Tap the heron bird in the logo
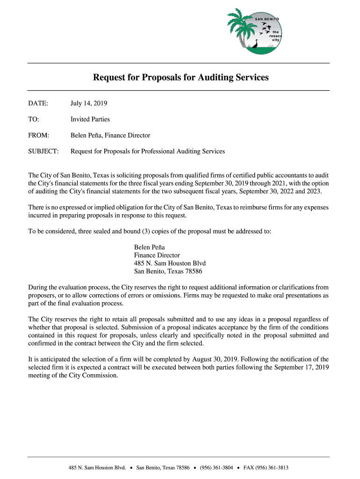255,44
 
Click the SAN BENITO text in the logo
266,19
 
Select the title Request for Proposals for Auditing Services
180,77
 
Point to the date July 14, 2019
89,103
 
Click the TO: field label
34,119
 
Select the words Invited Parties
90,119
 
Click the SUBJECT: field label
43,152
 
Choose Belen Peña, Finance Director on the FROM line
110,135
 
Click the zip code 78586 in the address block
193,271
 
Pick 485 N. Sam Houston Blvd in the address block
170,263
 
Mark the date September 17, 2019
298,367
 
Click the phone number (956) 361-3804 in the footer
216,468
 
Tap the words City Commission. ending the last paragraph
94,375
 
